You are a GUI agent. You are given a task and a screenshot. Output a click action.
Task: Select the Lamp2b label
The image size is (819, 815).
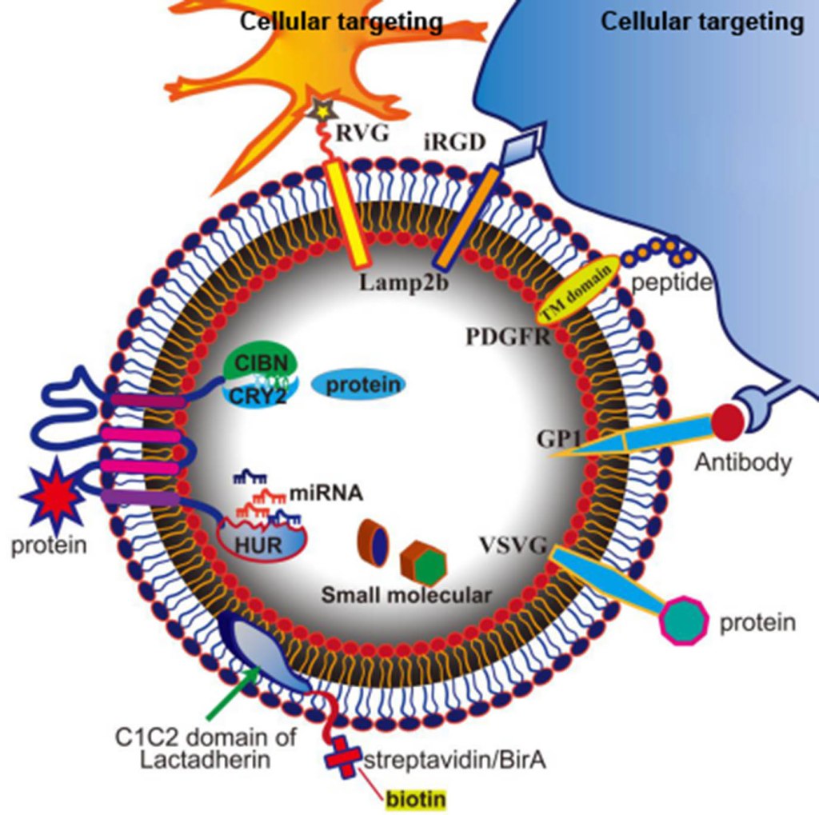point(394,282)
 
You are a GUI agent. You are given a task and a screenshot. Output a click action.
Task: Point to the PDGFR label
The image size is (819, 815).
point(507,335)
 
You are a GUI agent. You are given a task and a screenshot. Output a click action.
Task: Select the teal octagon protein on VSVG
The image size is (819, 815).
point(683,619)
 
